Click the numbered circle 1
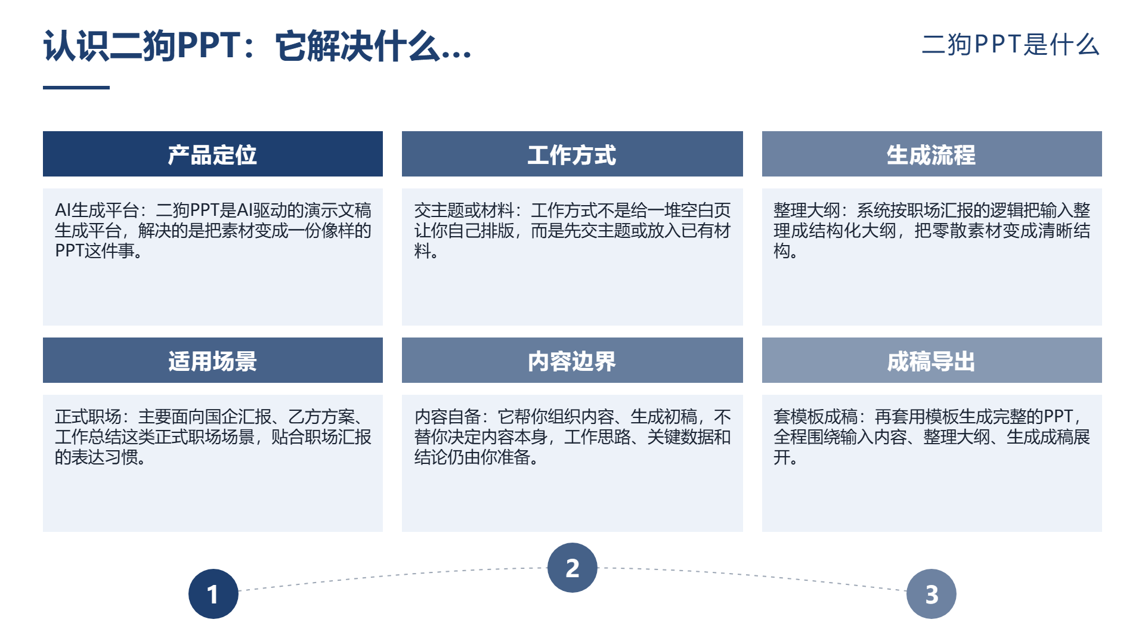[213, 594]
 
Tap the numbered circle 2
[572, 568]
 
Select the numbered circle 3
[932, 594]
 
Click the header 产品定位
[213, 154]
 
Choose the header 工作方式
[572, 154]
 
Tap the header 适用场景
[213, 361]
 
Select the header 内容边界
[572, 361]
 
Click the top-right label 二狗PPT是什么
[1011, 45]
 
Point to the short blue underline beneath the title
[76, 88]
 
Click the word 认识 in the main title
[77, 46]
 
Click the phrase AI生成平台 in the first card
[97, 210]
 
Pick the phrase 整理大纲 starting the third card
[807, 210]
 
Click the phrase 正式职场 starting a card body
[88, 417]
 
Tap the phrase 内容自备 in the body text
[448, 417]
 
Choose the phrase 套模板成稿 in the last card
[815, 417]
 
